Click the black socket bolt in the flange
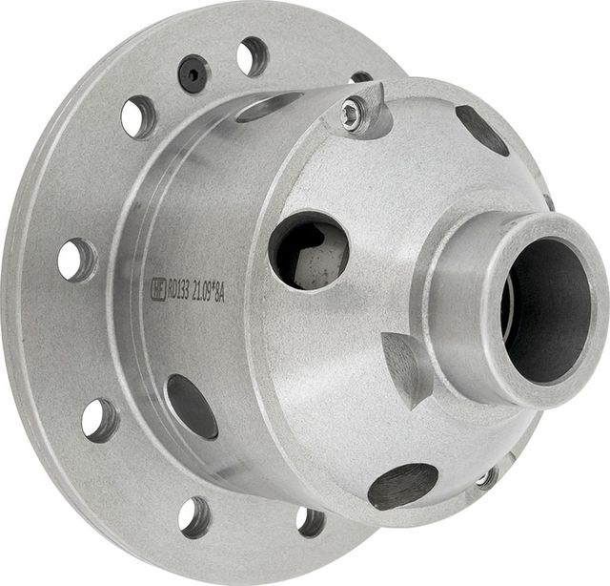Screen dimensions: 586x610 coord(193,73)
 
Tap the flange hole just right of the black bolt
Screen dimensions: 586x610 coord(253,55)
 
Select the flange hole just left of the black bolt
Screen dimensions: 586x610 coord(138,116)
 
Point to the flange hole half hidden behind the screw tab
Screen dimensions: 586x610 coord(361,77)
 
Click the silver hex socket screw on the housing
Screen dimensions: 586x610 coord(354,116)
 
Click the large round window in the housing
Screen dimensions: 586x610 coord(307,250)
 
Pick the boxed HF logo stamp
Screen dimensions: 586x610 coord(158,286)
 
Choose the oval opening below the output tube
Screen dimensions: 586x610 coord(402,485)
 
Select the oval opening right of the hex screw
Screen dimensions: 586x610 coord(482,129)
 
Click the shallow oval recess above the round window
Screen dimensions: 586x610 coord(268,106)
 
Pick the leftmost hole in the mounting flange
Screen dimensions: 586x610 coord(76,260)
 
